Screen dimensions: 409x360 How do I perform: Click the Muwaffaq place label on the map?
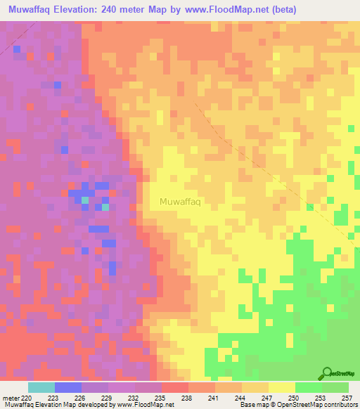pos(181,202)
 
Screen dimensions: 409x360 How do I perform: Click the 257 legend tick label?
pos(348,397)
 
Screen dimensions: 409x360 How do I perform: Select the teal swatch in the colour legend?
pos(41,387)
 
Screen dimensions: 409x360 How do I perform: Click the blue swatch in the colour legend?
pos(68,387)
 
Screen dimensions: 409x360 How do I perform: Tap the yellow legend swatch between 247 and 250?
pos(282,387)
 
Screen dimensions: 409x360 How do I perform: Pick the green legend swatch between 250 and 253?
pos(309,387)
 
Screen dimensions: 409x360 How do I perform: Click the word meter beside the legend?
pos(10,397)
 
